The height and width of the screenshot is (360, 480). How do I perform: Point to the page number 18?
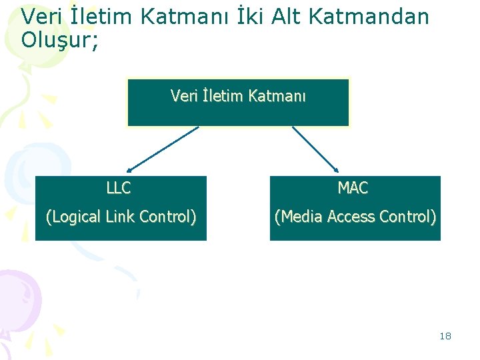tap(445, 336)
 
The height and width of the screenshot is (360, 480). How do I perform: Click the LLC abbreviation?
tap(119, 189)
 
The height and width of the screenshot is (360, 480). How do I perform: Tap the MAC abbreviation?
tap(353, 189)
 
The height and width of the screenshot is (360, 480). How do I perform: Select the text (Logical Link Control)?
tap(121, 217)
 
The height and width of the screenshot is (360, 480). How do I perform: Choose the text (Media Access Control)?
tap(355, 217)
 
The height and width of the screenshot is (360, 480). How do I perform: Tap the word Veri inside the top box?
tap(184, 97)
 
